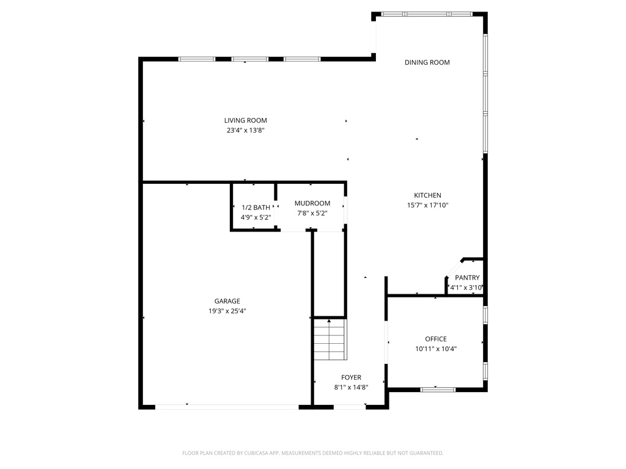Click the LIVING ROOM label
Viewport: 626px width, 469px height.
point(246,120)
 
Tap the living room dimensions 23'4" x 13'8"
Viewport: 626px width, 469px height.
point(246,131)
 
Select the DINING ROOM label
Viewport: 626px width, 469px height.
point(427,62)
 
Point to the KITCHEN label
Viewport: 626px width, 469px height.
point(427,195)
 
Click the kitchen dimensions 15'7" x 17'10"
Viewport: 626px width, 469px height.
point(427,205)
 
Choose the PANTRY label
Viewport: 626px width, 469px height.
point(467,278)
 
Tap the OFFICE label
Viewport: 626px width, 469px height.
point(436,339)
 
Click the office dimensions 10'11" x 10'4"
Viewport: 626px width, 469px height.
point(436,349)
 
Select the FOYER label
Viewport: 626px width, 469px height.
point(352,377)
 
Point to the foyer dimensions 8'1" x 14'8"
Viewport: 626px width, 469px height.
point(352,387)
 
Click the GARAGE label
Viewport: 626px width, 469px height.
point(227,301)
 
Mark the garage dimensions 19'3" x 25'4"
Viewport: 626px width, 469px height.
point(227,311)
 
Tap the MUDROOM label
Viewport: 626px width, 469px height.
point(312,203)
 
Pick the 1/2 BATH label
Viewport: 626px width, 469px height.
point(256,208)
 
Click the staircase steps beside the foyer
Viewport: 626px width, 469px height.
point(330,340)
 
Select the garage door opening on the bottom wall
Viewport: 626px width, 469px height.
point(227,407)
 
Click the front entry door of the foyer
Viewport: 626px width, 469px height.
point(350,407)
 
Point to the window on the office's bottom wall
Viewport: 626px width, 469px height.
point(438,390)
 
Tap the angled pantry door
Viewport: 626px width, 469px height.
point(454,269)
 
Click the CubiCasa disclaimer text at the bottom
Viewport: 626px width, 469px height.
point(313,453)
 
